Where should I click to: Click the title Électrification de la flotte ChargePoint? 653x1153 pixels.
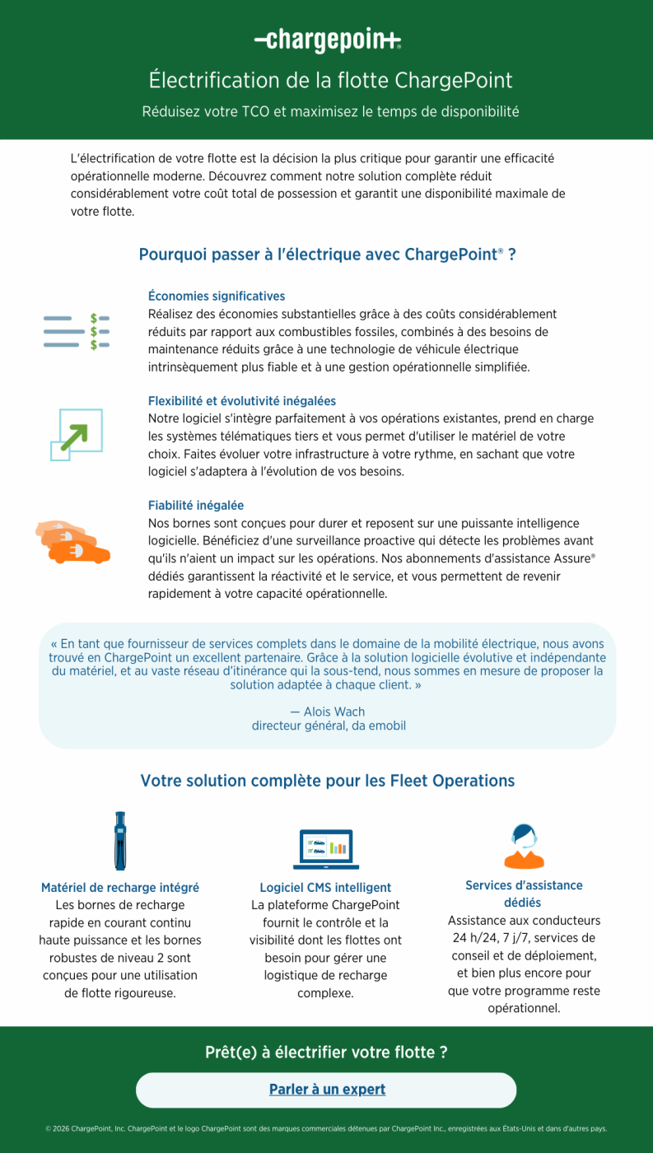click(x=330, y=81)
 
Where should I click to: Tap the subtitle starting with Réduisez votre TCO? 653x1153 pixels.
click(x=330, y=111)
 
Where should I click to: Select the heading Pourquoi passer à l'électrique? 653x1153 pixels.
click(x=327, y=254)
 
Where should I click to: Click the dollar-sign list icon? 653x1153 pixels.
click(x=77, y=331)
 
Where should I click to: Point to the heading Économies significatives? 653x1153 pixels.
click(x=217, y=296)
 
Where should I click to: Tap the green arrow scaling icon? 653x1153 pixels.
click(x=76, y=435)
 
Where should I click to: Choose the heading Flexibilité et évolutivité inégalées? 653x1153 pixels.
click(x=242, y=401)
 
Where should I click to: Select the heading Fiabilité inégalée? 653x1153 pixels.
click(x=196, y=506)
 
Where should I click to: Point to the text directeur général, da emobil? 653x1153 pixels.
click(x=329, y=726)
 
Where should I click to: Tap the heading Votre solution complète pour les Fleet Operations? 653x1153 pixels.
click(x=327, y=781)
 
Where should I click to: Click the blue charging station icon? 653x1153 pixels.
click(x=120, y=841)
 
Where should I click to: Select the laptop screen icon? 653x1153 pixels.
click(x=326, y=848)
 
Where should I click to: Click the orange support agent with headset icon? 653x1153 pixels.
click(x=524, y=846)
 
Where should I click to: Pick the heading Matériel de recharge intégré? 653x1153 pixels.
click(x=120, y=888)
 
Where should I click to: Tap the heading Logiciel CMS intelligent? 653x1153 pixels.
click(x=325, y=888)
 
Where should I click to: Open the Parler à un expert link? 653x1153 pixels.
click(x=327, y=1090)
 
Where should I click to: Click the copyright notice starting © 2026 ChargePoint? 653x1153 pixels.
click(x=326, y=1128)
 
